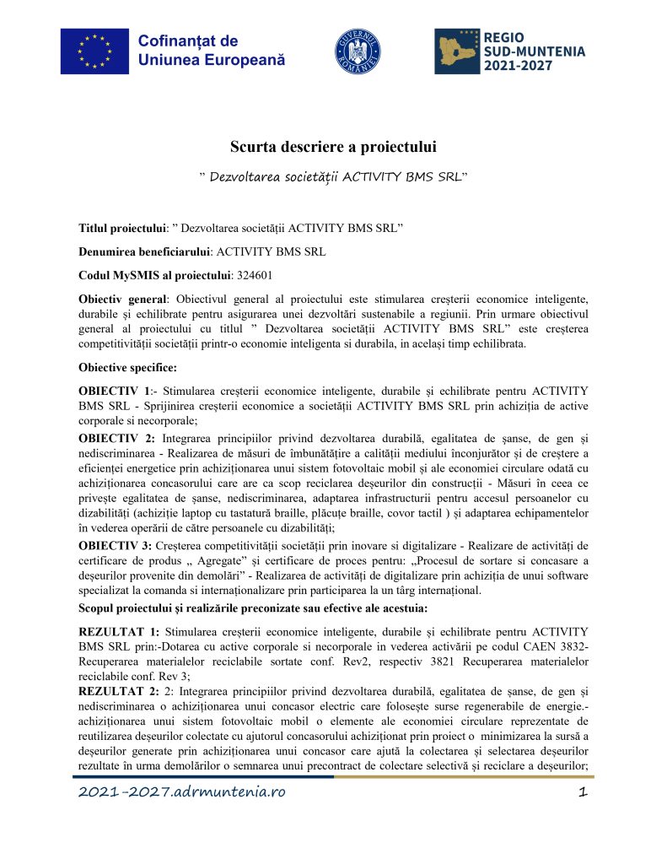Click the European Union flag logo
click(x=94, y=51)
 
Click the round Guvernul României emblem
click(x=359, y=51)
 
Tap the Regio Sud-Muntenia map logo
click(x=456, y=51)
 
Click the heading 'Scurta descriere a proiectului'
click(x=333, y=148)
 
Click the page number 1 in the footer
click(x=582, y=792)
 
